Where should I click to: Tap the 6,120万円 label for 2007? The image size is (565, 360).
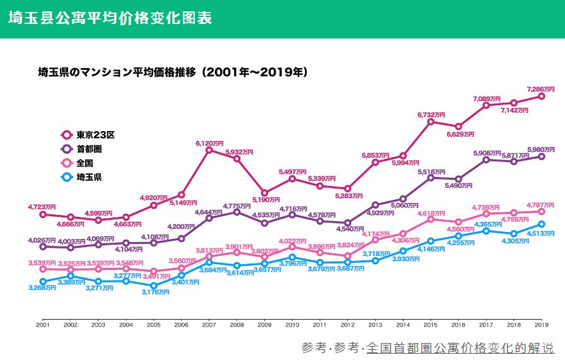209,144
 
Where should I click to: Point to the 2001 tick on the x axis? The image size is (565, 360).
43,325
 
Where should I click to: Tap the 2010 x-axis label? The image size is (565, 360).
292,325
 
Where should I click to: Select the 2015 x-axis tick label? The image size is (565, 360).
431,325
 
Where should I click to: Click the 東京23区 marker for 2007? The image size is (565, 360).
209,150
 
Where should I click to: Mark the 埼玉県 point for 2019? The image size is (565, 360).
542,224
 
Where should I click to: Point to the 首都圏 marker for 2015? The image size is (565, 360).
431,178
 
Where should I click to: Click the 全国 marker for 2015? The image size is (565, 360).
431,219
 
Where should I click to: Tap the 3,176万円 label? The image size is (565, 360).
154,293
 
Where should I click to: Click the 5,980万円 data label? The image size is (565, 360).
541,149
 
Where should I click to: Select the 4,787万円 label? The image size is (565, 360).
541,205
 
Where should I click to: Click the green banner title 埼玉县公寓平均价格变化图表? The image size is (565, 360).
110,18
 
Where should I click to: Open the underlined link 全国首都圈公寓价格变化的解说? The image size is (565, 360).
460,347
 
